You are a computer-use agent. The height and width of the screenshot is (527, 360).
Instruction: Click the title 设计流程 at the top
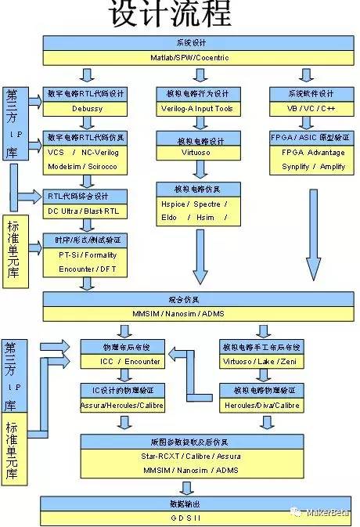pos(170,15)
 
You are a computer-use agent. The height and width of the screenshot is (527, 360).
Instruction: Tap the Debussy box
pos(87,108)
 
